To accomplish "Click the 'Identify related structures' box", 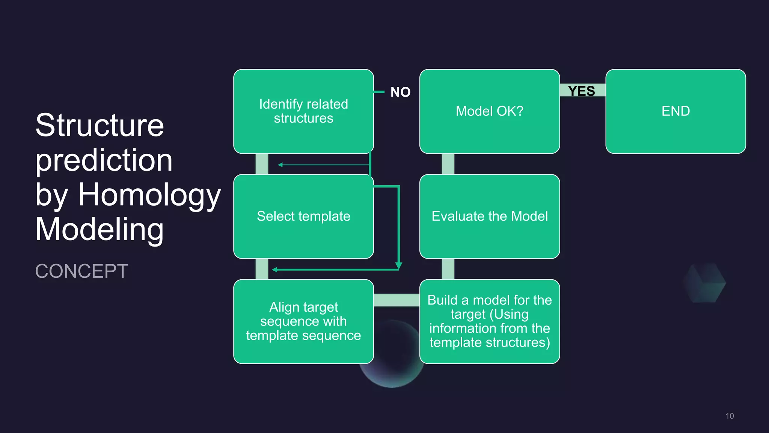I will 303,111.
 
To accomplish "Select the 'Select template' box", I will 303,216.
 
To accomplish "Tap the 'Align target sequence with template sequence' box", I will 303,321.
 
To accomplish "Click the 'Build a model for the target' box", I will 490,321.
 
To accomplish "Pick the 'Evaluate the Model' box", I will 490,216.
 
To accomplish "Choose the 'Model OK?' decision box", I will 490,111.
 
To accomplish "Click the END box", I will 676,111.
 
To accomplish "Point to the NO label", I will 400,92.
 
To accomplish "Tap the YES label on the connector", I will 582,91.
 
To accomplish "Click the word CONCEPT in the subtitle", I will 82,271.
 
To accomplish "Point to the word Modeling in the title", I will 100,229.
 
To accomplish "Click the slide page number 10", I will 730,416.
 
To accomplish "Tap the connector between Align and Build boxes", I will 397,300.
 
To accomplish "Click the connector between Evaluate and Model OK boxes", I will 448,164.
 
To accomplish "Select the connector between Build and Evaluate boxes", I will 448,269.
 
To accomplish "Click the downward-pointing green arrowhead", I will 399,266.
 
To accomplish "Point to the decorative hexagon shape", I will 705,283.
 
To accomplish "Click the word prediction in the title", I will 104,160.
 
